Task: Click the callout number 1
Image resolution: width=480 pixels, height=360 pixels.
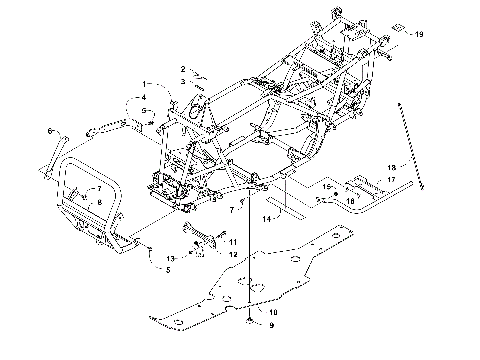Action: click(x=144, y=83)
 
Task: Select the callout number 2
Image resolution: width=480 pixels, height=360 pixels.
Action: click(x=183, y=69)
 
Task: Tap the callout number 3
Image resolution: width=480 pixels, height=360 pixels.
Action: click(x=183, y=79)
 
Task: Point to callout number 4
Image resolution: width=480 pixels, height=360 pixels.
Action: click(x=144, y=97)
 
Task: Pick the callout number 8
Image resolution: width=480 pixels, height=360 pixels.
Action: click(x=98, y=202)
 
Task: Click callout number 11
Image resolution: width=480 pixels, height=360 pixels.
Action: click(x=233, y=242)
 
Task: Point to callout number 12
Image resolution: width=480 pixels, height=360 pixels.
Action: click(x=233, y=255)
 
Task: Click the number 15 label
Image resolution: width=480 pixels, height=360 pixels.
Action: click(x=326, y=187)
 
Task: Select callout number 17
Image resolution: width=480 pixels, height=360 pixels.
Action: click(x=391, y=180)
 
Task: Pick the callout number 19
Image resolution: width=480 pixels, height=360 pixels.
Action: click(x=419, y=35)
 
